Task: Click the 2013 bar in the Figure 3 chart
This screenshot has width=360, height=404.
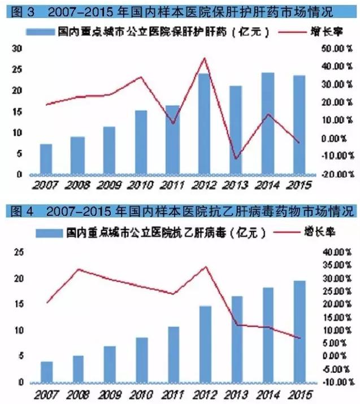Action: pyautogui.click(x=236, y=130)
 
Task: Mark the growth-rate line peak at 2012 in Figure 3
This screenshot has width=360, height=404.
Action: pyautogui.click(x=204, y=58)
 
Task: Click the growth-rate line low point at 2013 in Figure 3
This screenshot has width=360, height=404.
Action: pyautogui.click(x=236, y=158)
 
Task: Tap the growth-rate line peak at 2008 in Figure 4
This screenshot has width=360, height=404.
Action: pyautogui.click(x=78, y=269)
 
